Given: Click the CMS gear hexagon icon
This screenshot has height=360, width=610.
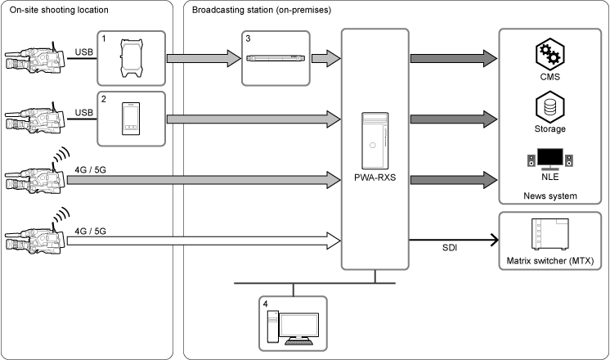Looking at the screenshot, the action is click(549, 54).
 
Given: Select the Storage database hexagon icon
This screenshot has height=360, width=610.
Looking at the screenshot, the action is click(549, 107).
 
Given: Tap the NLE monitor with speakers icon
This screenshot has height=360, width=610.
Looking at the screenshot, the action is click(549, 159).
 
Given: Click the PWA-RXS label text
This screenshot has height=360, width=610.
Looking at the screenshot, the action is click(375, 178).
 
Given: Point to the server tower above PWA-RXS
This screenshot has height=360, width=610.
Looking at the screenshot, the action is click(375, 140).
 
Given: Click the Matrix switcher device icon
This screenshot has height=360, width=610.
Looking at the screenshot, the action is click(549, 234).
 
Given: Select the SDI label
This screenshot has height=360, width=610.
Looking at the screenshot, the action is click(450, 248).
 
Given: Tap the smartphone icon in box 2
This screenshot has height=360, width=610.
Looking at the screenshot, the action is click(131, 119).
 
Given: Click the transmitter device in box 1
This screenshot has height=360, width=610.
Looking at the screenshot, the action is click(131, 58).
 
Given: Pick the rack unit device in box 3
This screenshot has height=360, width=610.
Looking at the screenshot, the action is click(276, 58).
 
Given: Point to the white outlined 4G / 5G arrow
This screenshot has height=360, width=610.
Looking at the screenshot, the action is click(204, 241).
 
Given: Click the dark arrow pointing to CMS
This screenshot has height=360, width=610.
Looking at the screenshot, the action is click(454, 58).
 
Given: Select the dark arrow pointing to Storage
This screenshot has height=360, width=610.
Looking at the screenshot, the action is click(454, 119).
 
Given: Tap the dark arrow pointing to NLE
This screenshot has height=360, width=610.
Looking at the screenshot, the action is click(454, 180).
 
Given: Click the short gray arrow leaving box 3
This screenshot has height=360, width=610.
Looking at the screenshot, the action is click(326, 58).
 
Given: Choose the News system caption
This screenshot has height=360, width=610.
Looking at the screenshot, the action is click(550, 196).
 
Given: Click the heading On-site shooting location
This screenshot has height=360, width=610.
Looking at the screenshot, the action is click(59, 10).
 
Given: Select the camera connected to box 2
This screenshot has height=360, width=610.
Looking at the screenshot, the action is click(35, 119).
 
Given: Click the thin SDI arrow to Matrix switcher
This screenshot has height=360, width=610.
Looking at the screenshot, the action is click(454, 240).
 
